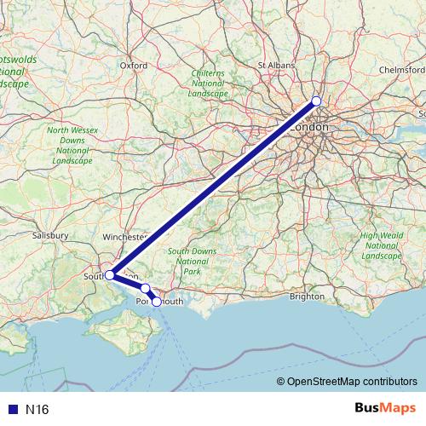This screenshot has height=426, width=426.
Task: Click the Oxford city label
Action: tap(134, 64)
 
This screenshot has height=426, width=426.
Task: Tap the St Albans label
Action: tap(274, 64)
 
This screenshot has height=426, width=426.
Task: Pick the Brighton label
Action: tap(307, 296)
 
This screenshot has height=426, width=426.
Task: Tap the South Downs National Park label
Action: tap(191, 261)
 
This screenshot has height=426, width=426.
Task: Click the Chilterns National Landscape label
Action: tap(209, 84)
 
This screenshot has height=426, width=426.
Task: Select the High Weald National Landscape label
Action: tap(380, 245)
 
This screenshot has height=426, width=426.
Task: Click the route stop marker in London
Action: tap(316, 101)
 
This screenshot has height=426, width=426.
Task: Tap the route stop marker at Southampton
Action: tap(110, 275)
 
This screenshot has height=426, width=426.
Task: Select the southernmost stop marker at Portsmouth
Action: tap(156, 302)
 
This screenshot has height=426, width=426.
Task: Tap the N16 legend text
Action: tap(37, 410)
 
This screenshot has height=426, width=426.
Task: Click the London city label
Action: tap(309, 127)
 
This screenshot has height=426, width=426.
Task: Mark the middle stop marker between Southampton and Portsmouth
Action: tap(146, 288)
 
